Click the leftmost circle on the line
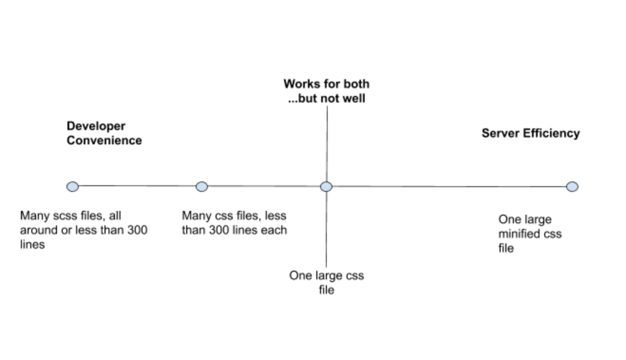(73, 187)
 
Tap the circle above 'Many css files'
(202, 187)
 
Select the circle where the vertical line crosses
(326, 187)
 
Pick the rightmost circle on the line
(572, 187)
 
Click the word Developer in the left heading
(96, 126)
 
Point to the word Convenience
(104, 141)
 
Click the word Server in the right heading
(501, 133)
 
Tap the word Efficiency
(551, 133)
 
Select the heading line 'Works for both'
(326, 84)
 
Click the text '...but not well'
(326, 99)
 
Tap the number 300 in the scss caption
(137, 230)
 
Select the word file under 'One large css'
(326, 290)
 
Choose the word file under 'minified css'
(506, 248)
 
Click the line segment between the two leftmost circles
(137, 186)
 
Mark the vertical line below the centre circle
(326, 228)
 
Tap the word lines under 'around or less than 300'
(32, 245)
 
